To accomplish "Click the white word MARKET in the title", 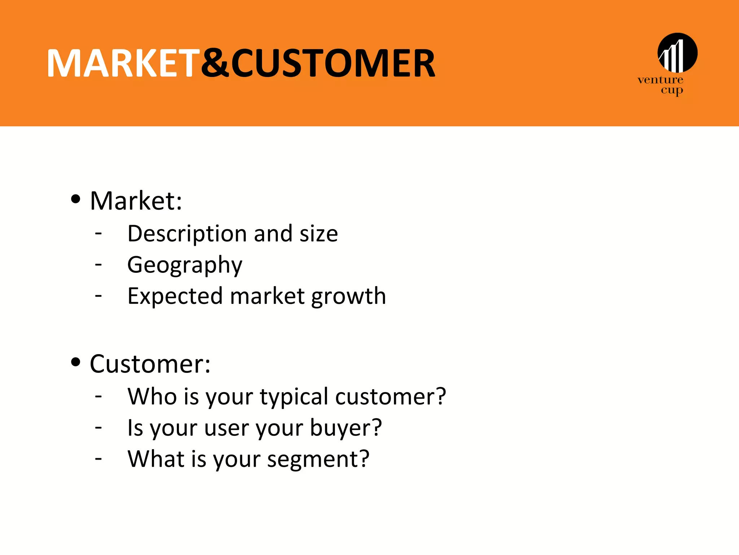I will [123, 64].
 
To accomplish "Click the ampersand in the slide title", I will [215, 64].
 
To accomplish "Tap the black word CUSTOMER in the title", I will [333, 64].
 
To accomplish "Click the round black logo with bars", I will [677, 53].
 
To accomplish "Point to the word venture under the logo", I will [660, 80].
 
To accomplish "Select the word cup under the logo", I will [672, 90].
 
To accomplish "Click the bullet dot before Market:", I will [75, 199].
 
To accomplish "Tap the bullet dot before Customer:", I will [75, 362].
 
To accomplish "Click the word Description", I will [187, 234].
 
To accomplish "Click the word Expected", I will [175, 296].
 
